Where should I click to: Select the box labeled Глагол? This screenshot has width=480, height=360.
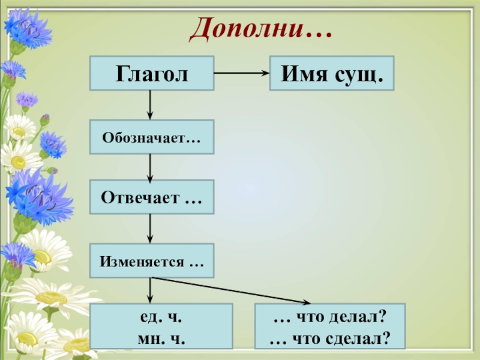(x=152, y=73)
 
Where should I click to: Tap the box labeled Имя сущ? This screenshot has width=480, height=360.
(x=331, y=73)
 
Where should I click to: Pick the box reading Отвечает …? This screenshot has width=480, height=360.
(x=151, y=197)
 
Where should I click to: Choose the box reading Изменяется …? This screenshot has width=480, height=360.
(x=151, y=260)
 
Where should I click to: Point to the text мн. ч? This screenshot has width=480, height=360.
(x=160, y=338)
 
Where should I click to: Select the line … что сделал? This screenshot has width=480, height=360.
(x=330, y=338)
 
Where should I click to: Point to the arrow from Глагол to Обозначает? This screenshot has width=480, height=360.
(x=150, y=105)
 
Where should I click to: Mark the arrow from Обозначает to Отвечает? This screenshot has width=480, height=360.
(x=150, y=166)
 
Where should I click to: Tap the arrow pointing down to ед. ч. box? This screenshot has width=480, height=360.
(x=150, y=290)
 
